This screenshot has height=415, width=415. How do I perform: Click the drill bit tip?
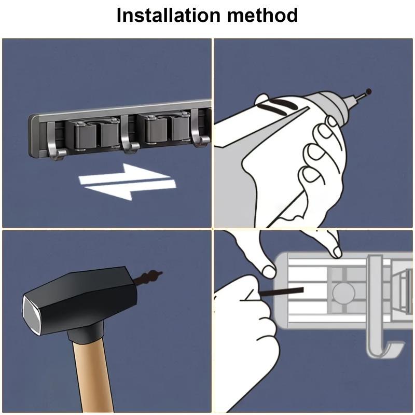click(x=369, y=92)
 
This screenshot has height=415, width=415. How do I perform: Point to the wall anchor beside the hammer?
click(x=148, y=278)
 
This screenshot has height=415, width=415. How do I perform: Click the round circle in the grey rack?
click(x=342, y=294)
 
